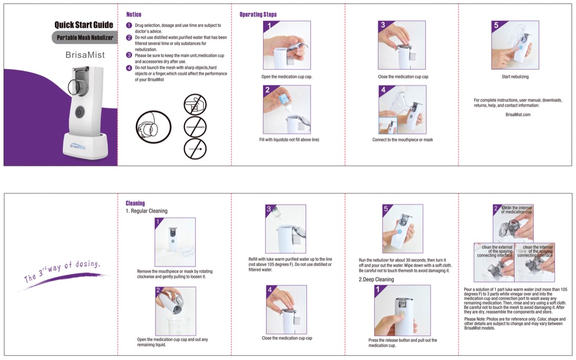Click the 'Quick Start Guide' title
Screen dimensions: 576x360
point(84,25)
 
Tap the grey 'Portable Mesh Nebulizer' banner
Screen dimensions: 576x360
point(84,37)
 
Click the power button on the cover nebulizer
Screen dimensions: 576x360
point(80,112)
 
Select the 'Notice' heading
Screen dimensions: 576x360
point(134,14)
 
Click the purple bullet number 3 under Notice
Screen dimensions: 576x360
point(129,55)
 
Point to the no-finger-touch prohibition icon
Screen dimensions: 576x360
point(195,104)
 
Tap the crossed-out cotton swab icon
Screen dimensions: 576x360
point(195,127)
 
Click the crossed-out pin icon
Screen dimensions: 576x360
point(195,149)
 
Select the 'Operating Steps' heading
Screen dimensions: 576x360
point(258,14)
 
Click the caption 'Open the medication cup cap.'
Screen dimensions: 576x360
point(287,77)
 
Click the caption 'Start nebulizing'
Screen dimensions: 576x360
point(515,77)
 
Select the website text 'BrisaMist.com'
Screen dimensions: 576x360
point(518,115)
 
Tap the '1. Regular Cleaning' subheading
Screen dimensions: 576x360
point(146,211)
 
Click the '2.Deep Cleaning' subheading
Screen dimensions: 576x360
point(376,279)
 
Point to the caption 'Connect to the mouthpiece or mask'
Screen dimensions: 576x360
point(402,140)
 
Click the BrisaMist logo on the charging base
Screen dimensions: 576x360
point(78,146)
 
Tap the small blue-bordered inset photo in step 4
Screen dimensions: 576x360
point(388,126)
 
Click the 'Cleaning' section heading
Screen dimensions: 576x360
point(135,204)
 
